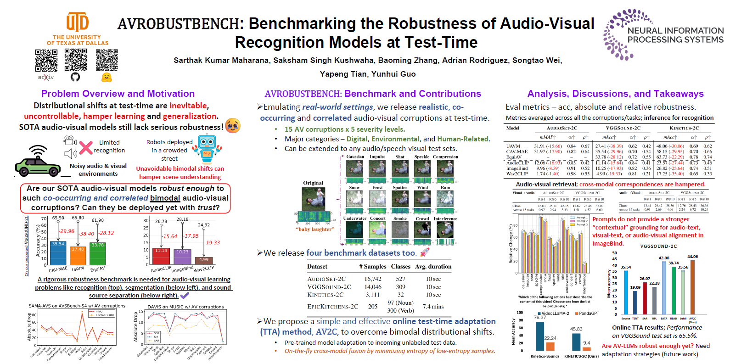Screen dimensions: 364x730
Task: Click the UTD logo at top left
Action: coord(77,23)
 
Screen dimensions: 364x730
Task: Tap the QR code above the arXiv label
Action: coord(46,60)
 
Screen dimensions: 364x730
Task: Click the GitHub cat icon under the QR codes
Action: coord(75,77)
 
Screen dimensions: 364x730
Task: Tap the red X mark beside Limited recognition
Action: coord(85,147)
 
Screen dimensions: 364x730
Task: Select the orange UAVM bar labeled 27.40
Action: coord(78,256)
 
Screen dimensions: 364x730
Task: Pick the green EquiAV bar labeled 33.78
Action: coord(97,254)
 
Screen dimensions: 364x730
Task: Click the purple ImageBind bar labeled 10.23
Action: coord(182,257)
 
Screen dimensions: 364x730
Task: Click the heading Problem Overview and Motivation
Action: coord(118,94)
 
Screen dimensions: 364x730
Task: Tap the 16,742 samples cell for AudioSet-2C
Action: coord(373,279)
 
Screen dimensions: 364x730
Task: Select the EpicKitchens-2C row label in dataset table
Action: coord(332,307)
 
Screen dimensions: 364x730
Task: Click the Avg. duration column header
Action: coord(433,267)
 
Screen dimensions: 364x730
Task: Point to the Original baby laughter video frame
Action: coord(313,199)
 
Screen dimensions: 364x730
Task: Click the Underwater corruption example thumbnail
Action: coord(354,230)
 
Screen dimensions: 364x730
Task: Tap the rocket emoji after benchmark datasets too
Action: coord(425,252)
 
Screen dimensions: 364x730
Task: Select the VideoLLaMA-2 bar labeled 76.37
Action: coord(540,336)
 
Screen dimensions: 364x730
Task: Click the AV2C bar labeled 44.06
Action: coord(692,287)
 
